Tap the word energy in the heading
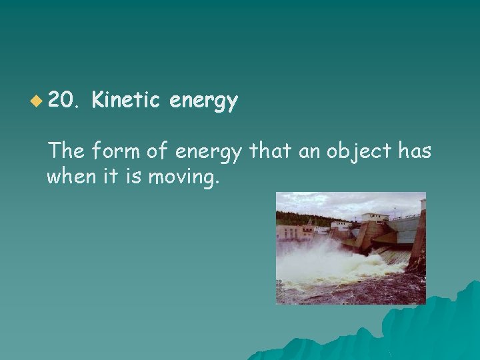click(x=203, y=102)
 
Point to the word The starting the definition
click(x=65, y=152)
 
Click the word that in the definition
click(x=267, y=152)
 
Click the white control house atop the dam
click(x=373, y=218)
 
